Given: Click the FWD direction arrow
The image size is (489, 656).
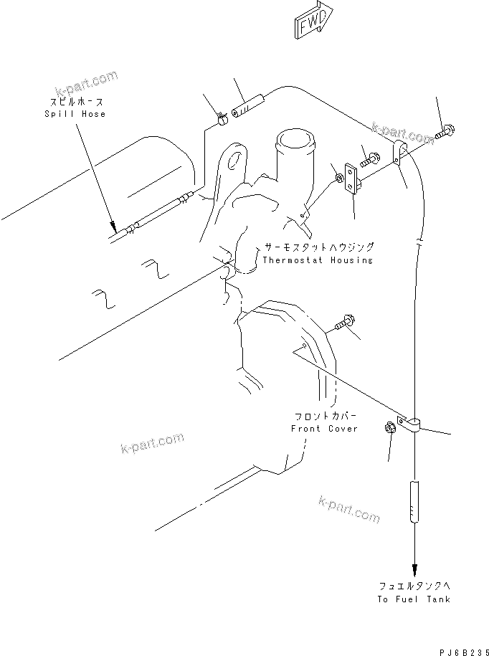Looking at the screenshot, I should click(x=313, y=19).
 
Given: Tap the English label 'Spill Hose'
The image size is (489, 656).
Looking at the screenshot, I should click(x=75, y=114).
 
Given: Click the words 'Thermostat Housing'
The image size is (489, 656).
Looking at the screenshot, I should click(x=317, y=260).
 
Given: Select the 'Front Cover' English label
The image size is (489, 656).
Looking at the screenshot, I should click(x=323, y=428).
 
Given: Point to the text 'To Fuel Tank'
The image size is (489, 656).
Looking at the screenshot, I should click(x=415, y=599).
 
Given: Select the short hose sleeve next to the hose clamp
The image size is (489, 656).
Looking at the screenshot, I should click(x=249, y=106).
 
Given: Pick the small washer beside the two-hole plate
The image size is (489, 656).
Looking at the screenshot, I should click(x=336, y=176).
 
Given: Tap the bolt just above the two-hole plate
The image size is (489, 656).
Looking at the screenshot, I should click(x=371, y=159).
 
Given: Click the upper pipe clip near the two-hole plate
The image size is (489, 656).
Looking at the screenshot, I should click(x=400, y=153).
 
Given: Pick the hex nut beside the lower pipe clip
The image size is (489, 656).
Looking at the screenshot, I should click(x=391, y=428).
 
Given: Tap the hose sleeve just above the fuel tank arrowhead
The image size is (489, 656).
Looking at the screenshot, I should click(x=414, y=502).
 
